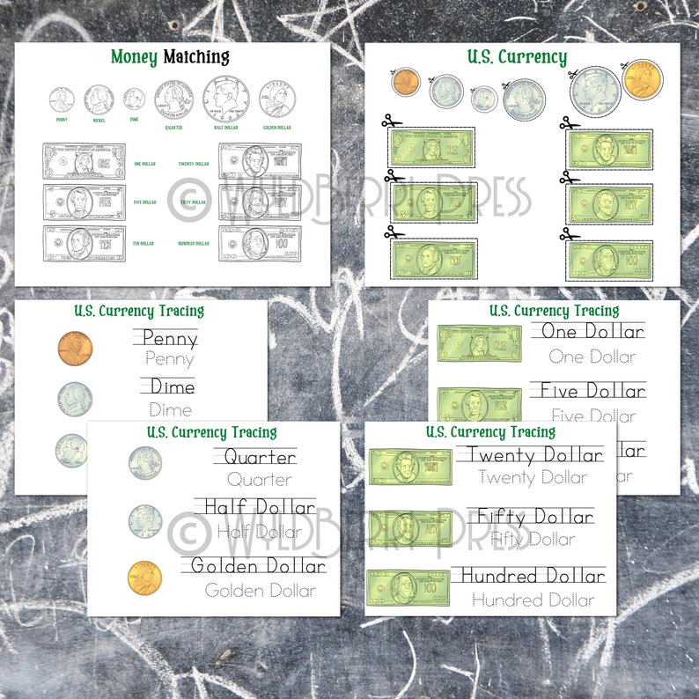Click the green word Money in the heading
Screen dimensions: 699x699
(134, 58)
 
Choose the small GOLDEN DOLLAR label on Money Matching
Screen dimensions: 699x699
(277, 127)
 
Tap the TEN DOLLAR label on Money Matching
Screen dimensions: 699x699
(142, 243)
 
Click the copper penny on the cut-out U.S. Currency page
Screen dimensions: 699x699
(404, 83)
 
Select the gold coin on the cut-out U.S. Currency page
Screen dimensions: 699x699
(643, 79)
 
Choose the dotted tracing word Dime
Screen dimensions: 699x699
(170, 409)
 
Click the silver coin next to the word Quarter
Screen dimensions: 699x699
(145, 462)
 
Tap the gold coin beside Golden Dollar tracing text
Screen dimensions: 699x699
(144, 578)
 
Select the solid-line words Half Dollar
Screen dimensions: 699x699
(255, 507)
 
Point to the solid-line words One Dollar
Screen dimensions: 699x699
(592, 332)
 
